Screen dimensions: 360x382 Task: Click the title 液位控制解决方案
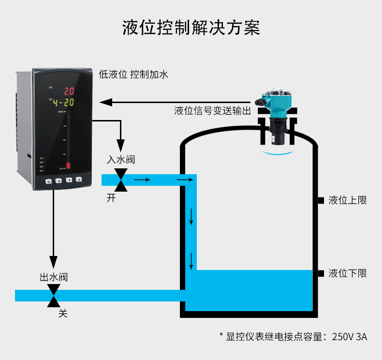[191, 28]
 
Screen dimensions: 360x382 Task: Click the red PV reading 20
[69, 90]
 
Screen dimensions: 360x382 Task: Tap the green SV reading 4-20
[63, 102]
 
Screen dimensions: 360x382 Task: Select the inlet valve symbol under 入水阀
[121, 180]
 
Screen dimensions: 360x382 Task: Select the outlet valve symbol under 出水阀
[53, 295]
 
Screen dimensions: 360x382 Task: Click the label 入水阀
[121, 160]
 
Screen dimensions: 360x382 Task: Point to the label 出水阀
[53, 277]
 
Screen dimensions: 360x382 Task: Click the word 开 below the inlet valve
[112, 198]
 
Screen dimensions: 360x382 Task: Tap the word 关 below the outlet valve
[63, 314]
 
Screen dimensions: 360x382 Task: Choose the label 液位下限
[348, 273]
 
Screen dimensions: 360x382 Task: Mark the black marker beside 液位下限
[320, 273]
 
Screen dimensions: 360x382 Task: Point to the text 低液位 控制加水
[133, 75]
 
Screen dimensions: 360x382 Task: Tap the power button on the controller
[49, 181]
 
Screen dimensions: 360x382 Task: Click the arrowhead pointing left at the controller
[106, 102]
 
